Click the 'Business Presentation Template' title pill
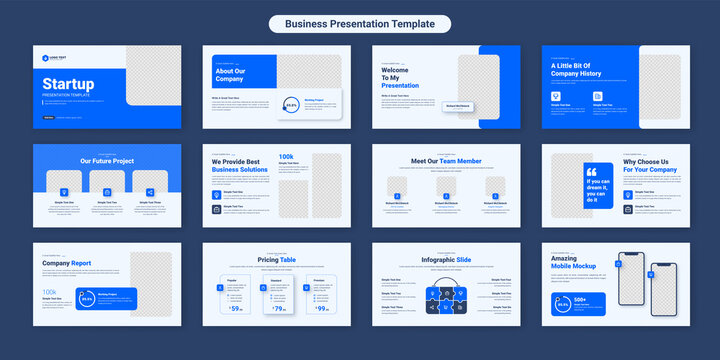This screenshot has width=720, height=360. (359, 24)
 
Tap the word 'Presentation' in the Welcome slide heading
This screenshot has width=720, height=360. (400, 86)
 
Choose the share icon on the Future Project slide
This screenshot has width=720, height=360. (149, 191)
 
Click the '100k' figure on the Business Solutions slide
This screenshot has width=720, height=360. (286, 157)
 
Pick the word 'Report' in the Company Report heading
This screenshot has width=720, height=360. (80, 263)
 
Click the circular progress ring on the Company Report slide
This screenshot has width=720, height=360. (87, 299)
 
